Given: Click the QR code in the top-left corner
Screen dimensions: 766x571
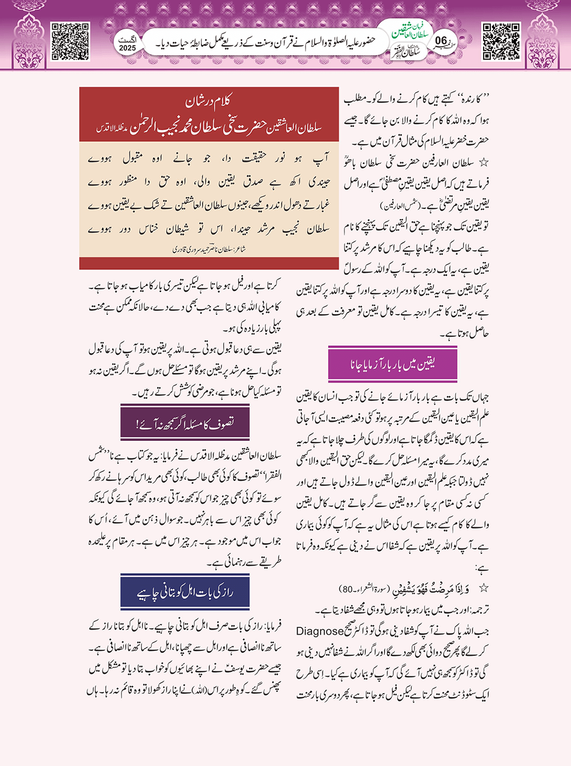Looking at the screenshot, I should pos(70,41).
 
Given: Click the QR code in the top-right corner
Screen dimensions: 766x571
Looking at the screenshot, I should pos(501,41).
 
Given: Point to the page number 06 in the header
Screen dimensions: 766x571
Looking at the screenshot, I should pos(441,40).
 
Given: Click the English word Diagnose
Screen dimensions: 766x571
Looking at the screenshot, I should pos(319,631).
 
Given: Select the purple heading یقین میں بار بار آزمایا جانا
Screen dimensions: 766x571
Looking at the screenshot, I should pos(393,364).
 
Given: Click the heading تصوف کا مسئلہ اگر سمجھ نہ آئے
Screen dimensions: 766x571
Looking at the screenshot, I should pos(185,423).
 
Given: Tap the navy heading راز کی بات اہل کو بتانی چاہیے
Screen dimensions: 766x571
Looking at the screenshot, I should pos(185,592).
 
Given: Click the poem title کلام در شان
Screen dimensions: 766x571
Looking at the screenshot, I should pos(208,101).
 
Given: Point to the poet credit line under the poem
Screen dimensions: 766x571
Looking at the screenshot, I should pos(209,249).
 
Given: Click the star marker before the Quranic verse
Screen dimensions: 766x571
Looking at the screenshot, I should pos(484,588).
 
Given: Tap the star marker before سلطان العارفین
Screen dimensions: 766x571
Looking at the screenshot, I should pos(484,163).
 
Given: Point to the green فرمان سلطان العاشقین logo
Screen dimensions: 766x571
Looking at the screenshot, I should pos(412,30).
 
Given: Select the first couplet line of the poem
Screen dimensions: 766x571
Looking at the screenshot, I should pos(209,159).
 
